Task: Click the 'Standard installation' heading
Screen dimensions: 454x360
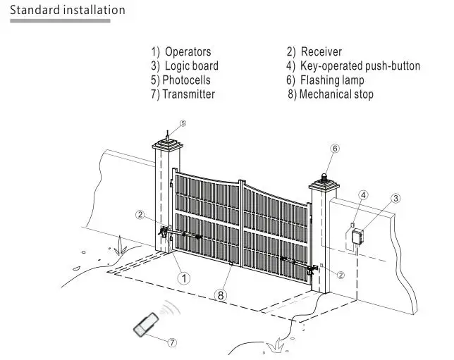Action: tap(68, 10)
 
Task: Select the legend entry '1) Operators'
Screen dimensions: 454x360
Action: tap(181, 52)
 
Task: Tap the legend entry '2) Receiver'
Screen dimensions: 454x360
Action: tap(314, 52)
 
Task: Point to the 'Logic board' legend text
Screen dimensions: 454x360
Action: tap(191, 66)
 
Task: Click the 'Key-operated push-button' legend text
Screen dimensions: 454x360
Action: tap(360, 66)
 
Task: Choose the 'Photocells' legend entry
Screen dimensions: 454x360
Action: tap(186, 80)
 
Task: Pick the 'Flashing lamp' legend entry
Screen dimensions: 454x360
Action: tap(332, 80)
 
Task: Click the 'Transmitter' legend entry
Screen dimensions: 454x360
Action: tap(188, 94)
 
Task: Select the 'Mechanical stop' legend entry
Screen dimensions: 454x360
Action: tap(336, 94)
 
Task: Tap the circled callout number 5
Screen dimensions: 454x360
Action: tap(183, 123)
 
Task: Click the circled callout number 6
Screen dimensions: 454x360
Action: tap(335, 149)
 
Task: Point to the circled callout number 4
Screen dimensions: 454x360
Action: tap(364, 195)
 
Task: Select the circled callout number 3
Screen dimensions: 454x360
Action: tap(395, 199)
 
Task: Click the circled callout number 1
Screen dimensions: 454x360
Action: tap(184, 278)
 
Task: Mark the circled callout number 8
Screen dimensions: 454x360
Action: tap(221, 295)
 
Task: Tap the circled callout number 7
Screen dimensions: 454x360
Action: tap(172, 342)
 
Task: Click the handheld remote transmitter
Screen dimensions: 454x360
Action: tap(146, 325)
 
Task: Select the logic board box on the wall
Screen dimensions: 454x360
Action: tap(358, 236)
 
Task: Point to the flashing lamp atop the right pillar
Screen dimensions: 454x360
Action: tap(324, 177)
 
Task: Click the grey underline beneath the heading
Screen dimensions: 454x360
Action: tap(60, 21)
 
